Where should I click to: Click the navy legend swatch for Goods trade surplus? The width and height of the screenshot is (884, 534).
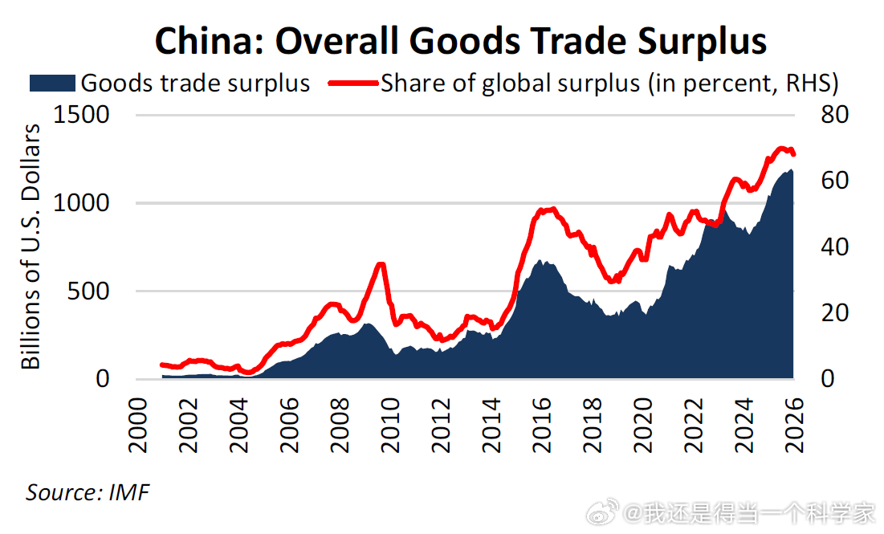(x=52, y=84)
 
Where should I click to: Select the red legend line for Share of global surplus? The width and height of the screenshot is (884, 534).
(x=353, y=84)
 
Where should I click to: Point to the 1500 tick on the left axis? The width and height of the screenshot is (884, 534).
(x=81, y=115)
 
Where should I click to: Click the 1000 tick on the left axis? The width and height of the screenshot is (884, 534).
(x=81, y=203)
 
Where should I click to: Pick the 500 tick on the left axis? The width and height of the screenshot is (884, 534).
(x=88, y=291)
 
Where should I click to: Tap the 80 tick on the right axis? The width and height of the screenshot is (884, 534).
(x=835, y=115)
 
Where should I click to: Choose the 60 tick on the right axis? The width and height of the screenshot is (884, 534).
(x=835, y=181)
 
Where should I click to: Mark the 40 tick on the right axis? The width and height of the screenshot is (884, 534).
(x=835, y=247)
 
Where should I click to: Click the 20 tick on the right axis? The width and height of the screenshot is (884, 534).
(x=835, y=313)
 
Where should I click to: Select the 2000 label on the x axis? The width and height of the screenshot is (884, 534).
(x=137, y=425)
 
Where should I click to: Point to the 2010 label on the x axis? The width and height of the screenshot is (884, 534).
(x=390, y=425)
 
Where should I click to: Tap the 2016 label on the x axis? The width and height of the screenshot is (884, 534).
(x=542, y=425)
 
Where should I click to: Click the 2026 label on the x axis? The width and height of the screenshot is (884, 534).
(x=794, y=425)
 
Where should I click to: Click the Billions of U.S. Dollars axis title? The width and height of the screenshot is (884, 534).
(x=31, y=247)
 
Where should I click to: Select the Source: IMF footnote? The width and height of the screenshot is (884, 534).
(x=88, y=493)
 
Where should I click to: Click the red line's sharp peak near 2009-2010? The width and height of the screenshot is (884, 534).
(x=381, y=264)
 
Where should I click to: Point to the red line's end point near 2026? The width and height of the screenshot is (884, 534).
(x=794, y=154)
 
